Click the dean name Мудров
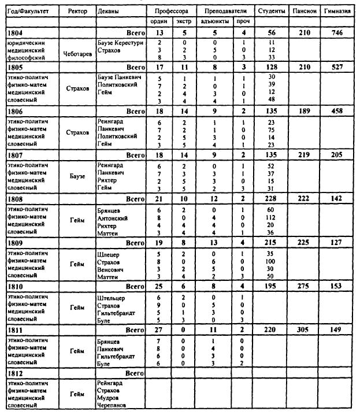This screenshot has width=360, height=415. coord(110,398)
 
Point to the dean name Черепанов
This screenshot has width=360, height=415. coord(114,406)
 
